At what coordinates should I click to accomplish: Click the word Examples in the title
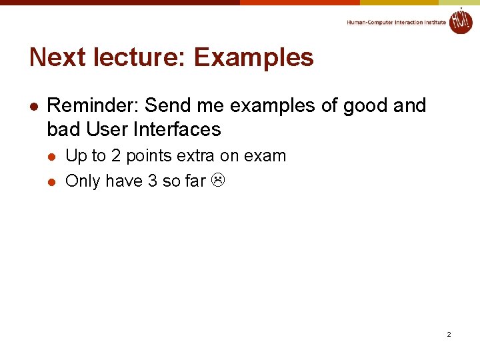pyautogui.click(x=254, y=58)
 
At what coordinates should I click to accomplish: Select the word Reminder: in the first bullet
pyautogui.click(x=93, y=105)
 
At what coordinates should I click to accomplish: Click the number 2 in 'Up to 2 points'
pyautogui.click(x=116, y=156)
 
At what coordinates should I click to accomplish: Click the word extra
pyautogui.click(x=197, y=156)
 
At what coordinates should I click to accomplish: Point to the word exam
pyautogui.click(x=265, y=156)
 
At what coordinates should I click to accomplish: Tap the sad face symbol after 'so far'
pyautogui.click(x=219, y=181)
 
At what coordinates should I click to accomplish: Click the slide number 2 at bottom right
pyautogui.click(x=449, y=334)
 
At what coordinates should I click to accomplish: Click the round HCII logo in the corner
pyautogui.click(x=461, y=21)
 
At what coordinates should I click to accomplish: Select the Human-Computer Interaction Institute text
pyautogui.click(x=396, y=22)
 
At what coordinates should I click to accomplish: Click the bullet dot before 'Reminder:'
pyautogui.click(x=34, y=106)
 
